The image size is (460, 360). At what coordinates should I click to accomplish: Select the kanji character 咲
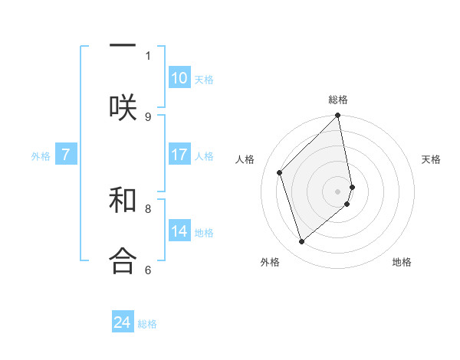tap(123, 106)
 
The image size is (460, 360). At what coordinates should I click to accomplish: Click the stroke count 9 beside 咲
tap(148, 116)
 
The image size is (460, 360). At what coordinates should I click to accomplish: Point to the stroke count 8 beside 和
tap(148, 208)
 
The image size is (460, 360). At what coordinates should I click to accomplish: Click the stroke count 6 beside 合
tap(148, 270)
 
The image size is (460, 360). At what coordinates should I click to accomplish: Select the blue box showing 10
tap(179, 78)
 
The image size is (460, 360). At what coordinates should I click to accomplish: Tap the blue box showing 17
tap(179, 155)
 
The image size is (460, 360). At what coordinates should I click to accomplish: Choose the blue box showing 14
tap(179, 231)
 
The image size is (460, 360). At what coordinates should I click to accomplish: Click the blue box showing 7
tap(66, 155)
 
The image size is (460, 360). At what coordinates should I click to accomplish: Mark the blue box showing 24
tap(123, 323)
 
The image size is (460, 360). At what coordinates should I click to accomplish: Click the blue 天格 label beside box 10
tap(204, 80)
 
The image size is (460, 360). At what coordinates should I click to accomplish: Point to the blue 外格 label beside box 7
tap(41, 156)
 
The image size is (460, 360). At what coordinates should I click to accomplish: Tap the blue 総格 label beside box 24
tap(147, 325)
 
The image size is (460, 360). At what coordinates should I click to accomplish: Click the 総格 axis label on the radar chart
tap(338, 100)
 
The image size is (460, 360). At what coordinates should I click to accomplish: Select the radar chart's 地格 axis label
tap(402, 262)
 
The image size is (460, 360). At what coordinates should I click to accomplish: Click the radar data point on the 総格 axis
tap(338, 116)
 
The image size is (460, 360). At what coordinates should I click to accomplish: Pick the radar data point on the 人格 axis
tap(280, 172)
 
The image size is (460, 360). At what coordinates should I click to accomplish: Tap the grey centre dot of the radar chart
tap(338, 191)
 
